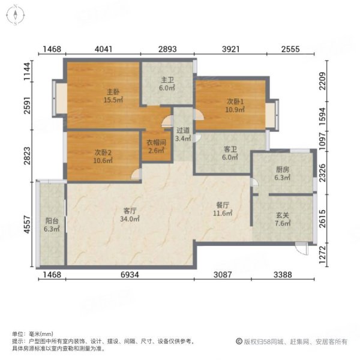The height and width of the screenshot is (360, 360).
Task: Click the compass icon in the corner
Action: [16, 15]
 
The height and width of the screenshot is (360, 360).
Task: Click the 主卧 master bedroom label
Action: [113, 92]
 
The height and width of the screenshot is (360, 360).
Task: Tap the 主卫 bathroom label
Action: [167, 80]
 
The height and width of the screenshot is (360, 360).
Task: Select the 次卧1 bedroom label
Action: [235, 101]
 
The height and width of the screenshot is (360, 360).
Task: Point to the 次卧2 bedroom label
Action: [103, 152]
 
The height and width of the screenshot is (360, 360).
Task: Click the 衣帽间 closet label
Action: [157, 143]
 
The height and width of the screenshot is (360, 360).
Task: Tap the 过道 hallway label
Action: [183, 130]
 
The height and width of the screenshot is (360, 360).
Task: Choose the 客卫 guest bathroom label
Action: [230, 149]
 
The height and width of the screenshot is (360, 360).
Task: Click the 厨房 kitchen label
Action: [283, 169]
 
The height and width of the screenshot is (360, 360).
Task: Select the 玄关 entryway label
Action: [283, 215]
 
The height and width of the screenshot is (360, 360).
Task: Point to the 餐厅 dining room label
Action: [223, 205]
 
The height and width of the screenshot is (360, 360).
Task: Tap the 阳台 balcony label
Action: [52, 221]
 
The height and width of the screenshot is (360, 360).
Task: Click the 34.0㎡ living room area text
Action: [130, 219]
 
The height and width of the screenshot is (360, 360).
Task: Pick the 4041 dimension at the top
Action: [104, 49]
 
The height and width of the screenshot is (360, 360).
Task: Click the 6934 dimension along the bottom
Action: [130, 275]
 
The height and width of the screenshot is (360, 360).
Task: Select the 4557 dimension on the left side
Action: [27, 224]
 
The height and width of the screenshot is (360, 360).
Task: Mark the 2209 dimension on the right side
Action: [323, 81]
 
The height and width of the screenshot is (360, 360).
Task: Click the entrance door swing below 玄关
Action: [302, 248]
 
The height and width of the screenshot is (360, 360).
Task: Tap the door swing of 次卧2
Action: [136, 174]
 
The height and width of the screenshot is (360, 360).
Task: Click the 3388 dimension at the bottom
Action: [283, 275]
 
